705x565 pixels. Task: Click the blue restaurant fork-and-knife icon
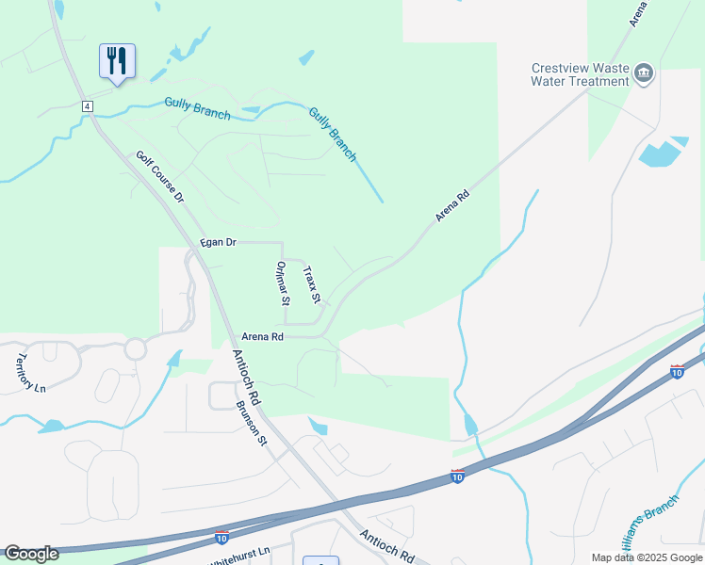117,61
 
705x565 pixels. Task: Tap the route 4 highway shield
87,105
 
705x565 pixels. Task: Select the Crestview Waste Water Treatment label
580,74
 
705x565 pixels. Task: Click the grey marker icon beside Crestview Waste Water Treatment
644,73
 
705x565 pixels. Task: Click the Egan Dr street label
217,243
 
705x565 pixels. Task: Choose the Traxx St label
312,284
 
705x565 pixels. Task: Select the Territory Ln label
30,373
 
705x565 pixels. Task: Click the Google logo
31,554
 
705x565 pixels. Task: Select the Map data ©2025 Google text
646,557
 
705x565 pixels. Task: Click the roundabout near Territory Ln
135,348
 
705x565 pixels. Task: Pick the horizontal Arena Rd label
263,336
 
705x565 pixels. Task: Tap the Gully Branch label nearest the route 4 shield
197,108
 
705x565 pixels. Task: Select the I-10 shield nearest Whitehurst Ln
221,536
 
